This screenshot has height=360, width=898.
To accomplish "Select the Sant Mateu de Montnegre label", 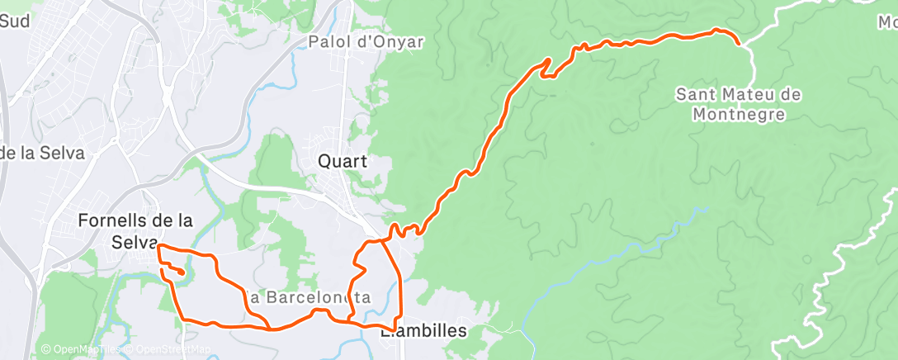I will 738,104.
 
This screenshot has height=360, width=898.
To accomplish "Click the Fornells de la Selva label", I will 135,231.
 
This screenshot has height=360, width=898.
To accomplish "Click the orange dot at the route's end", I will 180,270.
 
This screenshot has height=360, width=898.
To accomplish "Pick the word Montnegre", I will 738,114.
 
